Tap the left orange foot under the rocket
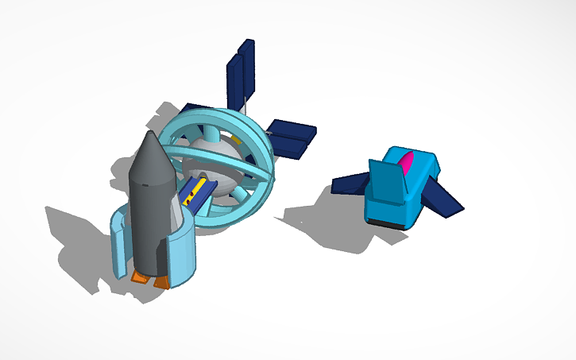pyautogui.click(x=141, y=277)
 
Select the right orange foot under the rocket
pyautogui.click(x=162, y=281)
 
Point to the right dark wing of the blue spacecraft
pyautogui.click(x=443, y=195)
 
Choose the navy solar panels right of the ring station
pyautogui.click(x=291, y=137)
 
